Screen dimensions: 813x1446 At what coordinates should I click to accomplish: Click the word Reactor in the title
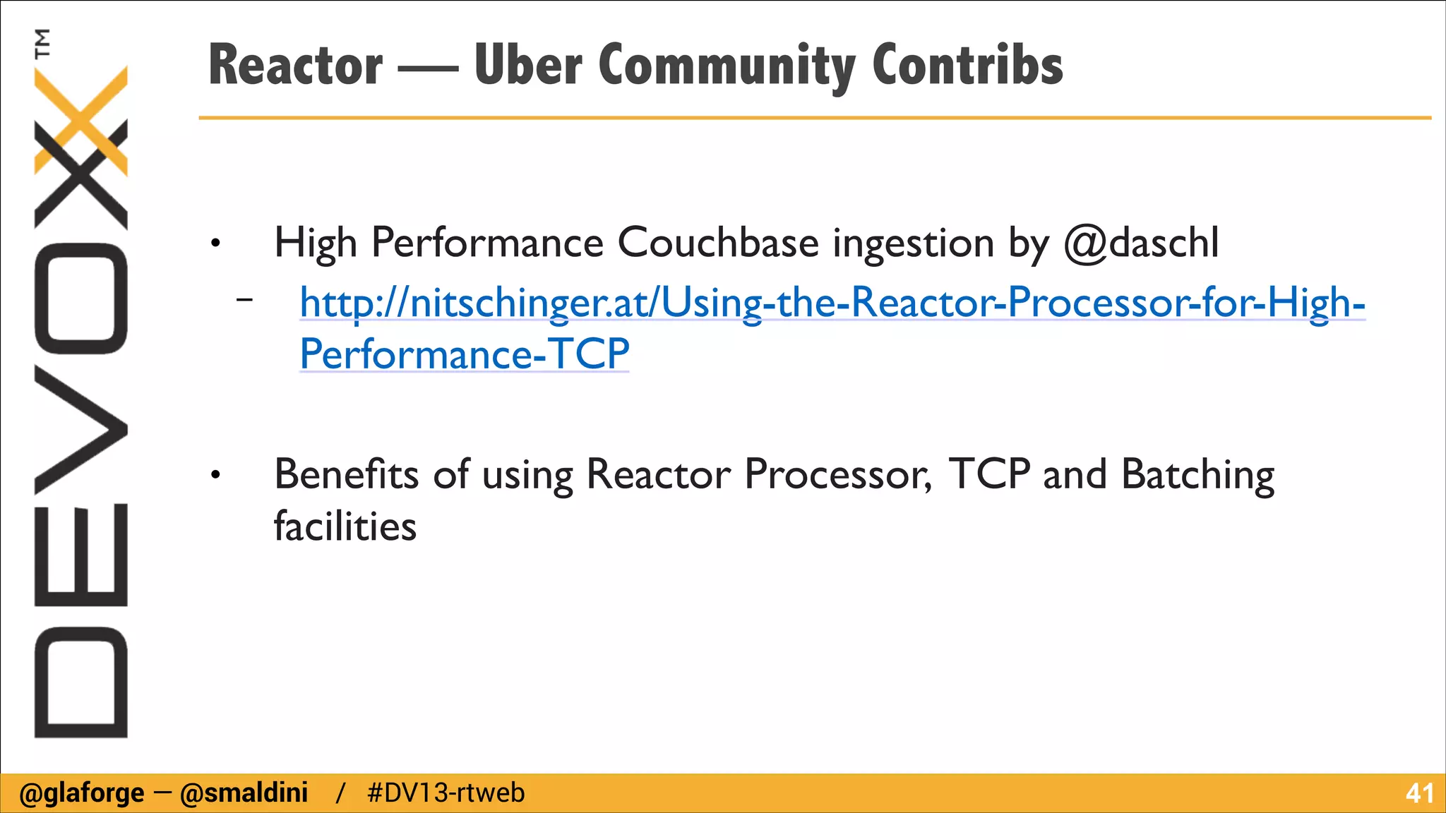tap(295, 65)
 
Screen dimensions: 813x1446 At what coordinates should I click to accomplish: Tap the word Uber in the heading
tap(528, 65)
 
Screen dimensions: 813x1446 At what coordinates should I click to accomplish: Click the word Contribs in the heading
tap(967, 65)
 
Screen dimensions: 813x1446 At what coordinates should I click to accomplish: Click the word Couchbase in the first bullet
tap(717, 243)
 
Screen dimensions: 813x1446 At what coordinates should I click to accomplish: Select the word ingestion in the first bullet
tap(914, 244)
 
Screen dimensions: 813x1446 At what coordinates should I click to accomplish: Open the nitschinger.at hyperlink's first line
tap(832, 303)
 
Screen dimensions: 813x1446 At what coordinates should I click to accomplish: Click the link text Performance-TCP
tap(464, 354)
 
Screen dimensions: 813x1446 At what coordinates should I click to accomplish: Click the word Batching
tap(1197, 475)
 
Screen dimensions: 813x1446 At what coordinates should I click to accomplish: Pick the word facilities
tap(345, 526)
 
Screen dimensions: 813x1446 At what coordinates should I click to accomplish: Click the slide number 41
tap(1418, 793)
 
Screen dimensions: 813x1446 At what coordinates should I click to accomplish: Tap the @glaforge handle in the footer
tap(81, 793)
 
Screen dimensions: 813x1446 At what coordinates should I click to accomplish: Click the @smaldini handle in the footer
tap(244, 793)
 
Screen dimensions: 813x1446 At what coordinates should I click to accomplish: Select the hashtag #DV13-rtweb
tap(446, 793)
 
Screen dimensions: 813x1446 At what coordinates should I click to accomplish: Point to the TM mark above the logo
tap(42, 42)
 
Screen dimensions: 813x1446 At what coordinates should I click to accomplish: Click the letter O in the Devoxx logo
tap(81, 298)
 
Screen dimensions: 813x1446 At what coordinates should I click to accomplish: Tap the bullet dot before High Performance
tap(215, 244)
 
